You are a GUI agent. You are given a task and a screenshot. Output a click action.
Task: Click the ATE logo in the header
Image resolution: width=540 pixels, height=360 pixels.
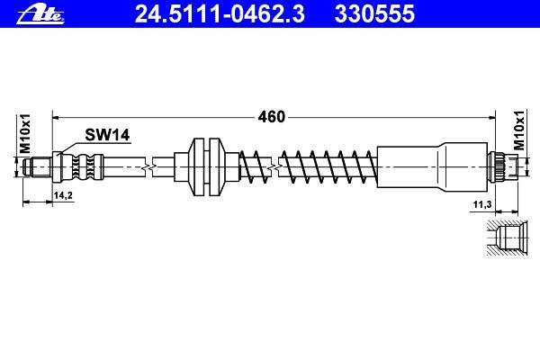coord(40,13)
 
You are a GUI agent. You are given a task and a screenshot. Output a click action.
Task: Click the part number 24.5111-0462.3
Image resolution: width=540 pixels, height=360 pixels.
coord(220,13)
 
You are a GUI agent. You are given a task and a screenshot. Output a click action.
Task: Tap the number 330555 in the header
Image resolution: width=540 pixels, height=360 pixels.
coord(374,13)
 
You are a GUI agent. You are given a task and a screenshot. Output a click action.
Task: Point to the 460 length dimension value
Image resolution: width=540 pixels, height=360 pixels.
coord(272,117)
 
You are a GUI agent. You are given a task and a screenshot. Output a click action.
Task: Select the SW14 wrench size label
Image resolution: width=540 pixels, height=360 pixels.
coord(107,135)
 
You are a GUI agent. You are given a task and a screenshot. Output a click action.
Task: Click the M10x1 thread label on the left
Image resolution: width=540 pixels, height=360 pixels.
coord(25,133)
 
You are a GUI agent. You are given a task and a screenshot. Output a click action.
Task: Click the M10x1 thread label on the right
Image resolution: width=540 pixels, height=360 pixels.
coord(519,130)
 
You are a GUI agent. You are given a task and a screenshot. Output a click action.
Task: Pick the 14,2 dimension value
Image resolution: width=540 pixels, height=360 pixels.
coord(63,195)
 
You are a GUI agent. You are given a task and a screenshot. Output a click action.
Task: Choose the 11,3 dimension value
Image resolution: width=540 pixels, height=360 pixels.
coord(481,205)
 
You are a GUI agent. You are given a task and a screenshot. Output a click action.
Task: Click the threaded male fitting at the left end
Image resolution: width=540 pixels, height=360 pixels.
coord(38,167)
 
